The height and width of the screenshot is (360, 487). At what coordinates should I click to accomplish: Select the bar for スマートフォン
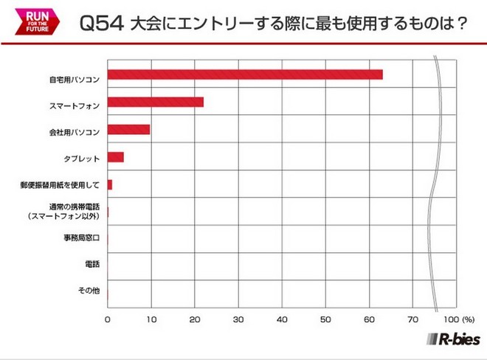(156, 102)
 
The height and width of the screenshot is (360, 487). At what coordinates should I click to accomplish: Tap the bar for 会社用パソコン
(128, 130)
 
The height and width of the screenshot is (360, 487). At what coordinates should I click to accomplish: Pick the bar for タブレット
(116, 157)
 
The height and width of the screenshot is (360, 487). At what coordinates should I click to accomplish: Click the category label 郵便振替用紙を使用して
(61, 184)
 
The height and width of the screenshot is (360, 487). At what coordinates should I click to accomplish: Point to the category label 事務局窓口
(80, 238)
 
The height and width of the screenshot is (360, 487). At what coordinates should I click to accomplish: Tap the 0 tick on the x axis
(108, 320)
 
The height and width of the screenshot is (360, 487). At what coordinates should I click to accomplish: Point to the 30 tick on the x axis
(238, 320)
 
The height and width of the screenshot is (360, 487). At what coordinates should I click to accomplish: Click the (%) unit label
(469, 320)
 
